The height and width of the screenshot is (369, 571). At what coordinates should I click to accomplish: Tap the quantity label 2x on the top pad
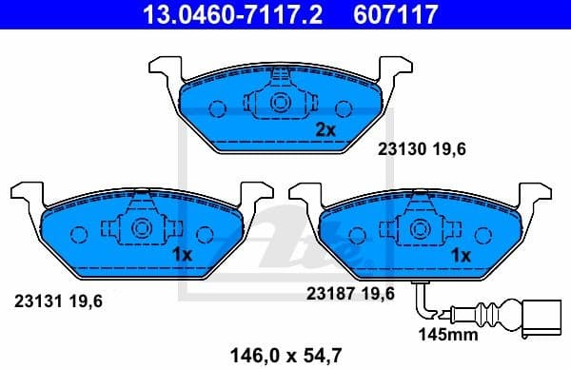(325, 129)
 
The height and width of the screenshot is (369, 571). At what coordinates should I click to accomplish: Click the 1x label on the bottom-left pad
(183, 254)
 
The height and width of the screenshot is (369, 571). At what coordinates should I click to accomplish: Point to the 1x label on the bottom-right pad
(461, 254)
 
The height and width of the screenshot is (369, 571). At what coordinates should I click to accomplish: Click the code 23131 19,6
(58, 301)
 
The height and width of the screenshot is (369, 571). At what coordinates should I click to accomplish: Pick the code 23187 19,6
(350, 294)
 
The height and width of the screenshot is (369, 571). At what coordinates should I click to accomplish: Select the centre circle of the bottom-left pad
(142, 228)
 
